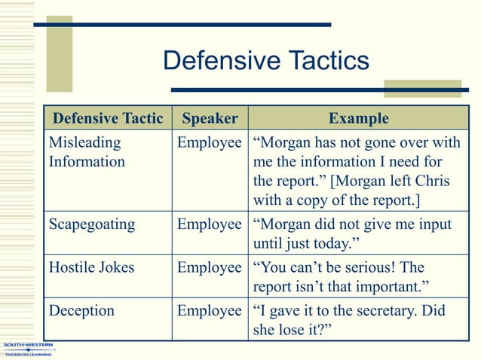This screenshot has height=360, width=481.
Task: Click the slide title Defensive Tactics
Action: coord(266,61)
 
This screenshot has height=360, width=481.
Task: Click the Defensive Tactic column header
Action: coord(108,118)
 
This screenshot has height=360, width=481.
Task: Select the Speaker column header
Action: coord(210,118)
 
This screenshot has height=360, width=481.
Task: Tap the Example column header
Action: coord(359,118)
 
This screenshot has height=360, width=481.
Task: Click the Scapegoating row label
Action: coord(92,224)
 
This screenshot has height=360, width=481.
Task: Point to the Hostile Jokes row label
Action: coord(90,267)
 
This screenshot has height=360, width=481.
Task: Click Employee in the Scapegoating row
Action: coord(210,224)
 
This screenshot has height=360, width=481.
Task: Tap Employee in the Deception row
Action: coord(210,310)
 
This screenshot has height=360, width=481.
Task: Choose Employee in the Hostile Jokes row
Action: coord(210,267)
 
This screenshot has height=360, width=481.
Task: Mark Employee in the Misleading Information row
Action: coord(210,141)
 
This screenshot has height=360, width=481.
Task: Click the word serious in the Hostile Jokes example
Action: coord(369,267)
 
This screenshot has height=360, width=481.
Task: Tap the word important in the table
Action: coord(385,287)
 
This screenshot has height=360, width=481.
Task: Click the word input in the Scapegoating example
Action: coord(434,224)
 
